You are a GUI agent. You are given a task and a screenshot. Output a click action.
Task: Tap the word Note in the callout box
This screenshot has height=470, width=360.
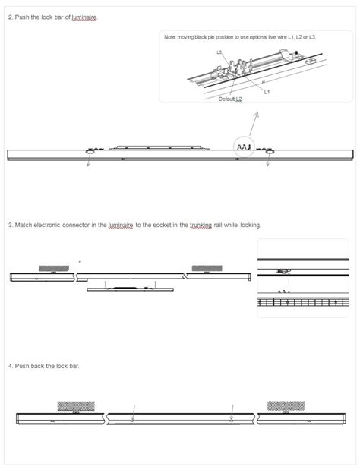(170, 36)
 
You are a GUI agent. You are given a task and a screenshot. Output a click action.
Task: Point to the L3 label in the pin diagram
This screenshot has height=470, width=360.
(219, 52)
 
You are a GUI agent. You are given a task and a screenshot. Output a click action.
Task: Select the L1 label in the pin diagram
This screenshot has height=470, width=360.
(267, 92)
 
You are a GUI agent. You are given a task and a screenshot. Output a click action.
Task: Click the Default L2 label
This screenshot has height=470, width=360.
(230, 99)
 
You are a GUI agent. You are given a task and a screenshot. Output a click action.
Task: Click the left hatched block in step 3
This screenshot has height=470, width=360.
(54, 268)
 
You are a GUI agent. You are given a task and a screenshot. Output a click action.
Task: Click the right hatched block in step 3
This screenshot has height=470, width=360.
(207, 268)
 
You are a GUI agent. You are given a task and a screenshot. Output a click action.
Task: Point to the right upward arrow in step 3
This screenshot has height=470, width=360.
(155, 283)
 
